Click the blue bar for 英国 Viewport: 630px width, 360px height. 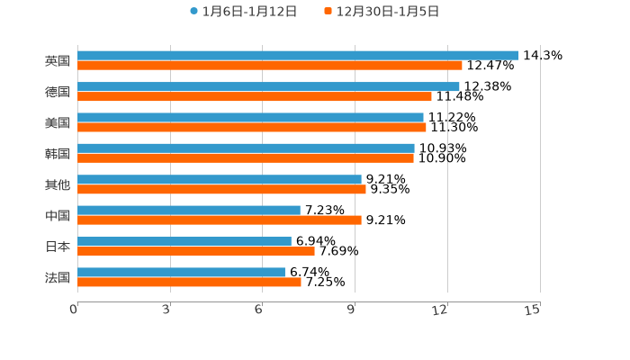298,56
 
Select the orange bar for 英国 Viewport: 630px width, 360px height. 270,66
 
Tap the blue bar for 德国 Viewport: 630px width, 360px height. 268,86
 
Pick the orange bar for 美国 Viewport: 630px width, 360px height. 252,128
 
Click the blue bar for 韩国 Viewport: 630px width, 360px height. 246,148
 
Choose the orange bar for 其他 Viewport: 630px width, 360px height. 221,190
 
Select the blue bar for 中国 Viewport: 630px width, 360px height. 189,210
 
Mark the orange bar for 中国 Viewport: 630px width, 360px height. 220,220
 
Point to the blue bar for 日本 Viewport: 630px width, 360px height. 184,241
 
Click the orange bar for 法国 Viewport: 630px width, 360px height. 189,283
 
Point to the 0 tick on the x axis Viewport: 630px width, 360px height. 74,310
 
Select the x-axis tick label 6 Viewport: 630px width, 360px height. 258,310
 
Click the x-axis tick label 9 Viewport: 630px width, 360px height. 351,310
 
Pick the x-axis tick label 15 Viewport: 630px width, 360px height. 532,310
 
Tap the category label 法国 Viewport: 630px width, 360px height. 58,277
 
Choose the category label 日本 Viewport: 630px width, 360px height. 58,247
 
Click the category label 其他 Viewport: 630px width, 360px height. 58,184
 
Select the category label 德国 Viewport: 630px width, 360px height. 58,92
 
